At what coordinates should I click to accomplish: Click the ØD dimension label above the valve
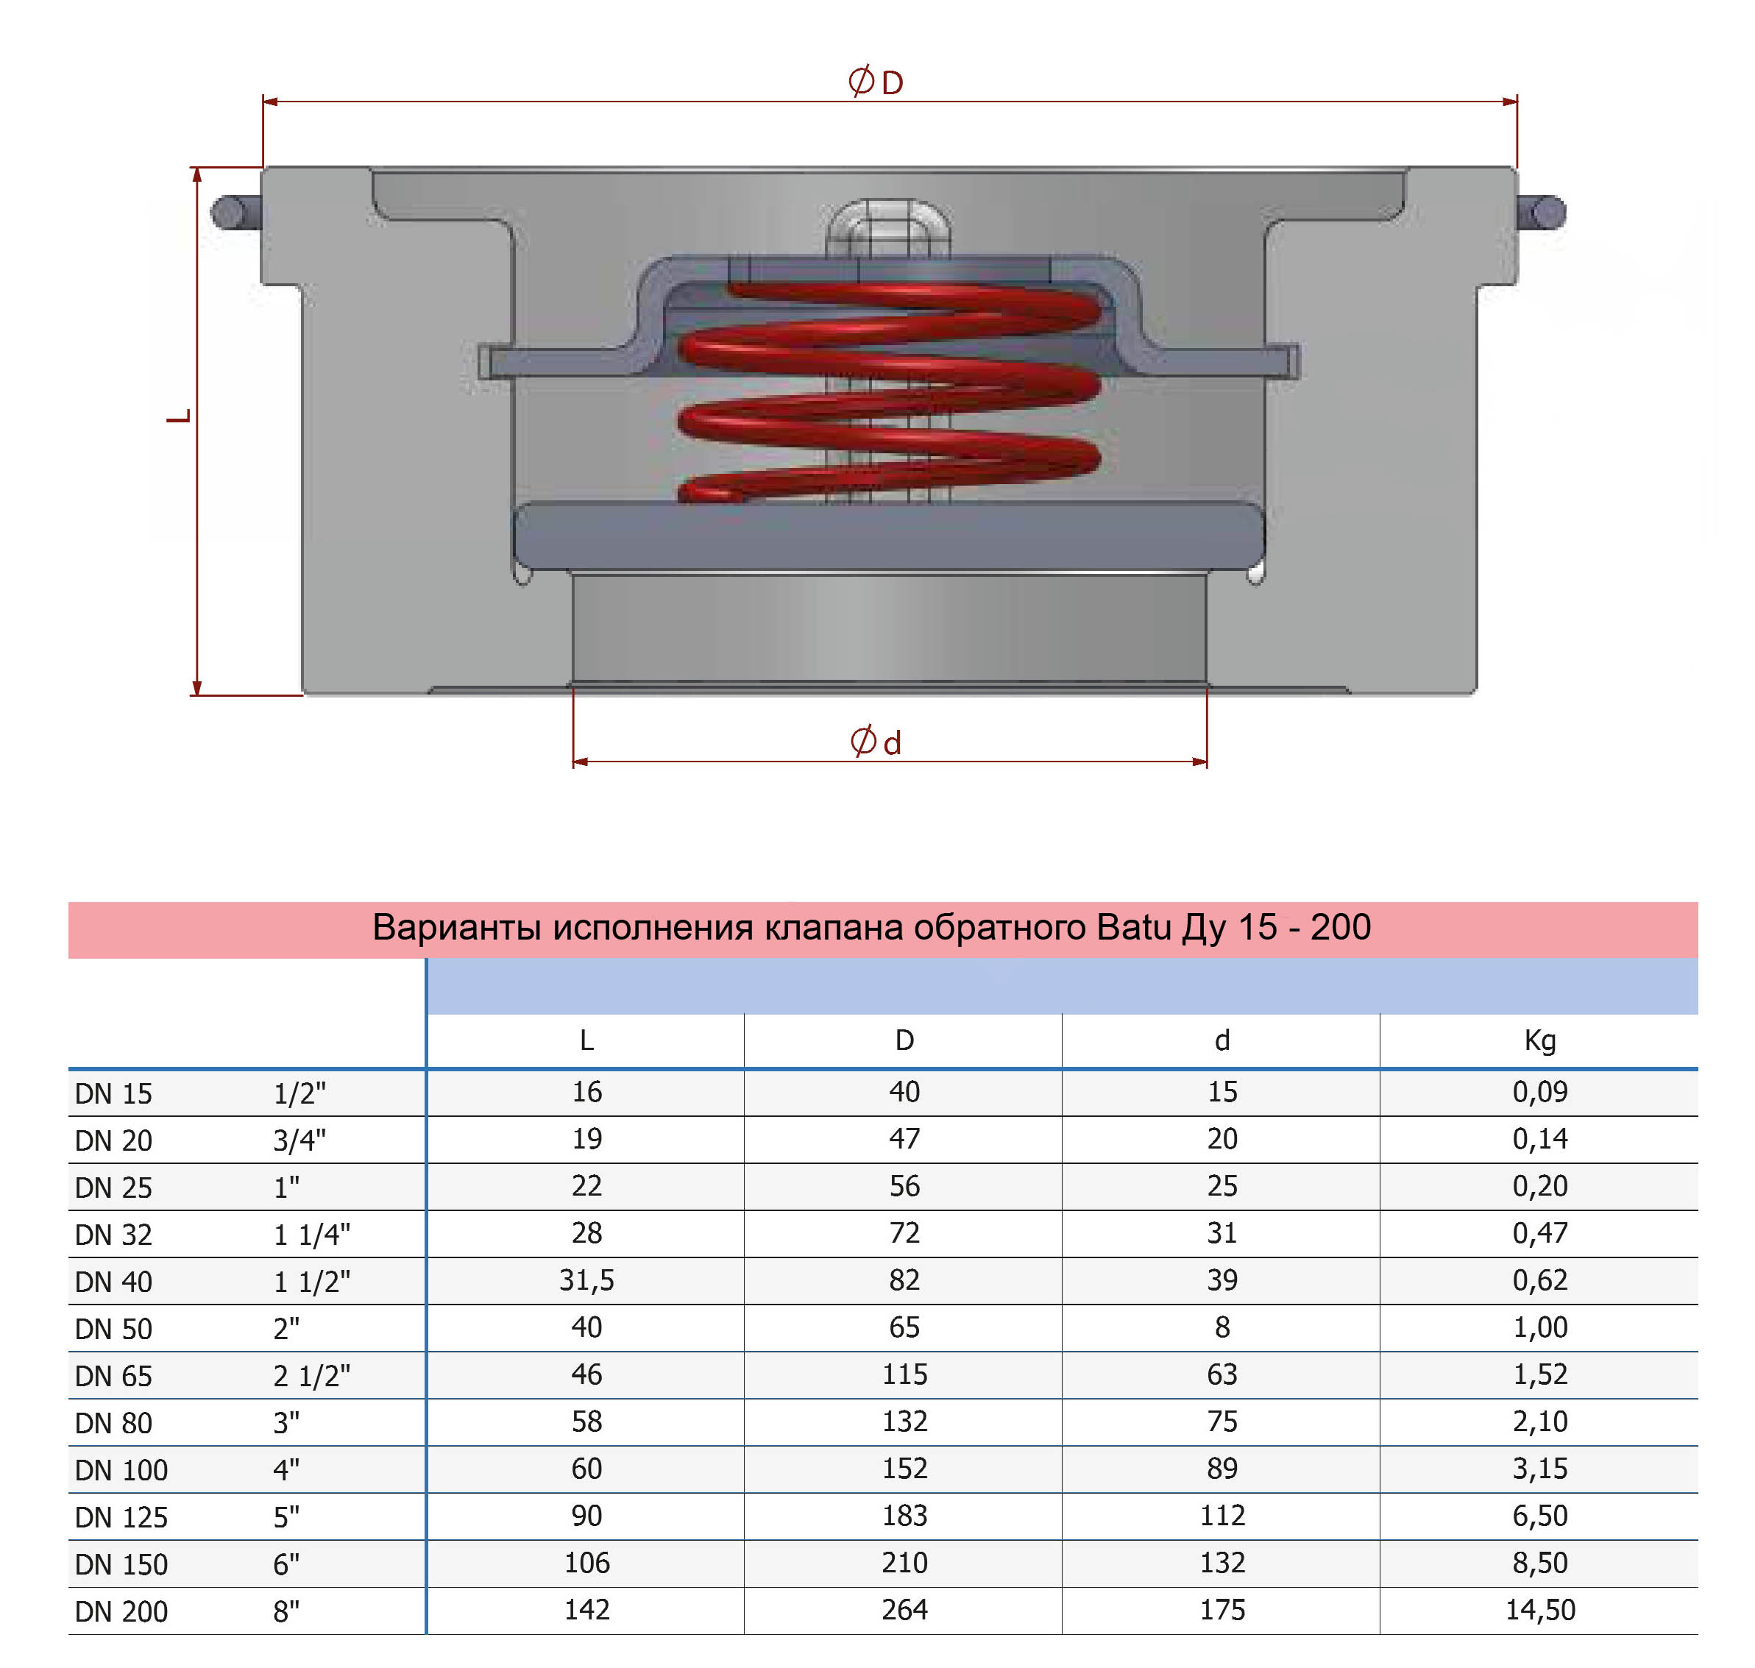pos(876,82)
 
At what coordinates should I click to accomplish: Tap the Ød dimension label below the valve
pos(876,742)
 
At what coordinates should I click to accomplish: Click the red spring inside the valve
pos(889,391)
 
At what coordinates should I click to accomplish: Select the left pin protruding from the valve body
pos(233,212)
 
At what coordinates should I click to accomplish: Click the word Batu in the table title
pos(1133,927)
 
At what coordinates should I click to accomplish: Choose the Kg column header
pos(1540,1040)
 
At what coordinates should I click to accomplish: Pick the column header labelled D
pos(904,1040)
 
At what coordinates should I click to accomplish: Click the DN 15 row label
pos(114,1093)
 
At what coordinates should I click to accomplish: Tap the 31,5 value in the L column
pos(586,1280)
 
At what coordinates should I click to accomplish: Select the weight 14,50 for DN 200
pos(1540,1610)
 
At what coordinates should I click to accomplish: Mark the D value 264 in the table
pos(904,1610)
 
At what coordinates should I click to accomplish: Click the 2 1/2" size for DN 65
pos(311,1375)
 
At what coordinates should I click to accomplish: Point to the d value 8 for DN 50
pos(1222,1327)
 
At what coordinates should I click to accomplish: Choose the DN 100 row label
pos(121,1470)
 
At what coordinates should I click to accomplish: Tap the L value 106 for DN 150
pos(586,1563)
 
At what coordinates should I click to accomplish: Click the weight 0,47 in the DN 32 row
pos(1540,1233)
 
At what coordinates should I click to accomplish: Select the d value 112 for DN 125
pos(1222,1516)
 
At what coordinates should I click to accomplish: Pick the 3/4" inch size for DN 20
pos(299,1140)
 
